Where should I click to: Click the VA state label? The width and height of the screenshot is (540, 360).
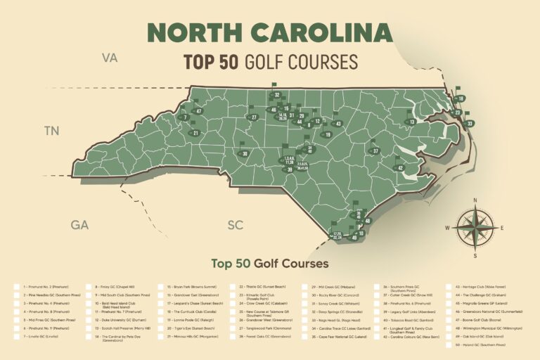[x=110, y=57]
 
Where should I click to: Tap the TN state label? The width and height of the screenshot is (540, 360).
[x=51, y=130]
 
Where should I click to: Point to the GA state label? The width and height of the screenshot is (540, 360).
[x=79, y=225]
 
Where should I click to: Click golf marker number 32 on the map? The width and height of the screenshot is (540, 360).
[x=277, y=95]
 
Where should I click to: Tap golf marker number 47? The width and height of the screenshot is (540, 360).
[x=199, y=111]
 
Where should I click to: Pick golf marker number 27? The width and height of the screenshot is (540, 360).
[x=254, y=117]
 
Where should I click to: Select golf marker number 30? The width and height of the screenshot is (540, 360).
[x=244, y=153]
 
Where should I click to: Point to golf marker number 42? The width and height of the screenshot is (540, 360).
[x=400, y=168]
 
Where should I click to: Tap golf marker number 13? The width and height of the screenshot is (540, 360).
[x=412, y=122]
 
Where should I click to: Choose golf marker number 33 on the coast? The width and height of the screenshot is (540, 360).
[x=469, y=124]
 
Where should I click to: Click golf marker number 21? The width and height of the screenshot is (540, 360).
[x=195, y=133]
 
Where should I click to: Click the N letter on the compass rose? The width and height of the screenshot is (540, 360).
[x=475, y=200]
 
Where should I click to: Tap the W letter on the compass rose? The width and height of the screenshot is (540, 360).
[x=447, y=228]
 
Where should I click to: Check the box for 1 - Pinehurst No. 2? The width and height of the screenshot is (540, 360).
[x=17, y=287]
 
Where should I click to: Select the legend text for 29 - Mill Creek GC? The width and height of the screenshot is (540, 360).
[x=328, y=287]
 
